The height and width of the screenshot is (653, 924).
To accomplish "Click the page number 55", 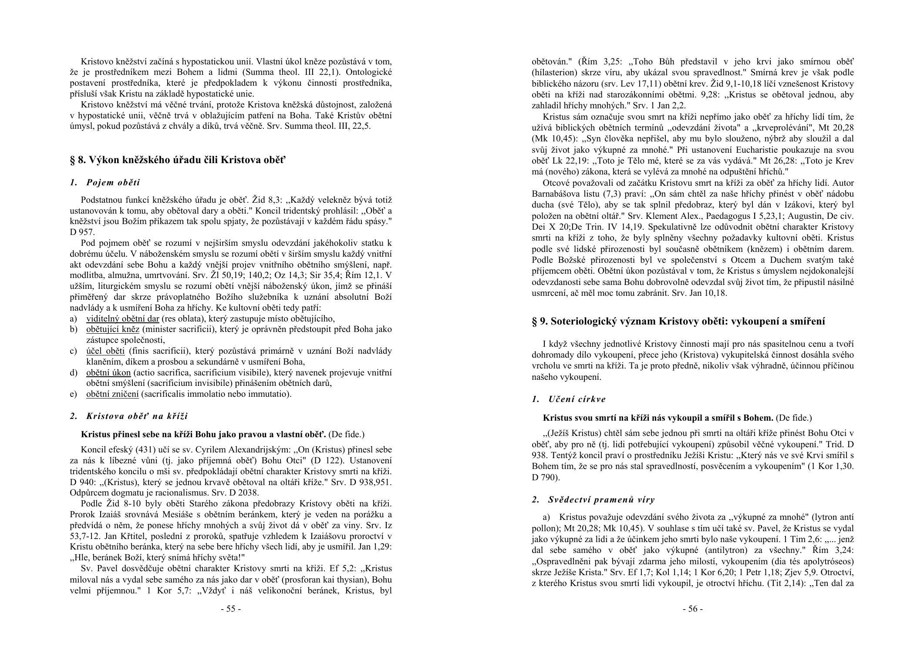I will pyautogui.click(x=231, y=609).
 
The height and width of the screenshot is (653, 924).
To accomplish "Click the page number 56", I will pyautogui.click(x=692, y=609).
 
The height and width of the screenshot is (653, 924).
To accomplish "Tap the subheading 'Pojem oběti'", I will pyautogui.click(x=113, y=182).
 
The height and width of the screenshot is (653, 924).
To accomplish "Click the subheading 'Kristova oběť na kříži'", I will pyautogui.click(x=137, y=416).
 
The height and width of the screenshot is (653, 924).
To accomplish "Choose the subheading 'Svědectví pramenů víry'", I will pyautogui.click(x=601, y=499).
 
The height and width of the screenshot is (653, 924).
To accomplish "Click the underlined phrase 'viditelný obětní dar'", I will pyautogui.click(x=123, y=318).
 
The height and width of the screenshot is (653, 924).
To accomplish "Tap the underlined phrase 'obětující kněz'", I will pyautogui.click(x=113, y=329).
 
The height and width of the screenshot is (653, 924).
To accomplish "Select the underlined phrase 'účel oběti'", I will pyautogui.click(x=105, y=351).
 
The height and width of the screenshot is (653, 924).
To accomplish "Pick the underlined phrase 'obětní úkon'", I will pyautogui.click(x=108, y=372).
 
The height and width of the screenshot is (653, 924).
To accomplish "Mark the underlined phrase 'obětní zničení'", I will pyautogui.click(x=112, y=394).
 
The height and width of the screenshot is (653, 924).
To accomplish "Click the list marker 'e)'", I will pyautogui.click(x=73, y=394).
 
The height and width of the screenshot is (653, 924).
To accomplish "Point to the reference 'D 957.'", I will pyautogui.click(x=82, y=232).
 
